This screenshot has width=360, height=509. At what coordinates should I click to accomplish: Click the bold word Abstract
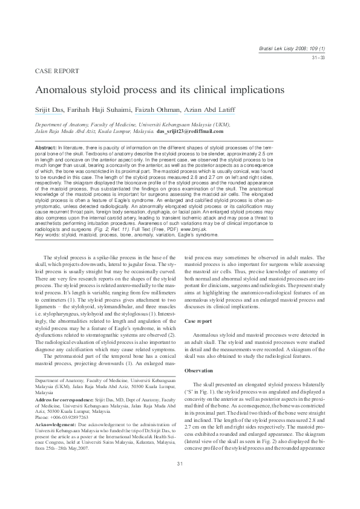46,148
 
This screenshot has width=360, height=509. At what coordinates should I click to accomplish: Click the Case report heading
198,321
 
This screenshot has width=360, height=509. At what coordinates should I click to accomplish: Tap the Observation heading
200,370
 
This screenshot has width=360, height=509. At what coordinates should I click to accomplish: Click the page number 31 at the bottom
180,480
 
